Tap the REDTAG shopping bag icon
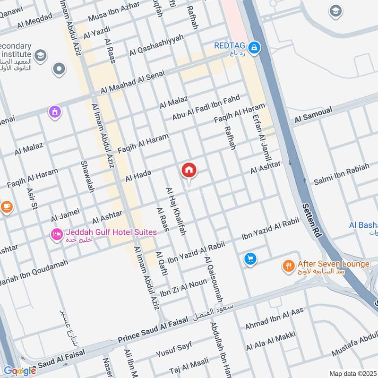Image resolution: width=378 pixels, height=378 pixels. pos(255,47)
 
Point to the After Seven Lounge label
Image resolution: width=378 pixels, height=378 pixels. pos(333,264)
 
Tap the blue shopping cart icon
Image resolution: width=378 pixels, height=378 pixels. pos(250,259)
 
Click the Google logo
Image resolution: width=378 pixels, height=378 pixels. pos(19,371)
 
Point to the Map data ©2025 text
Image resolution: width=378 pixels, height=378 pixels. pos(352,373)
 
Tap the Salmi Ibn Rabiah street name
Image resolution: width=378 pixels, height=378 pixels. pos(342,175)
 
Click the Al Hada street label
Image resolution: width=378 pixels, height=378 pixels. pos(138,177)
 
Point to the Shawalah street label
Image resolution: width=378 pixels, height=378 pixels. pos(87,176)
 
